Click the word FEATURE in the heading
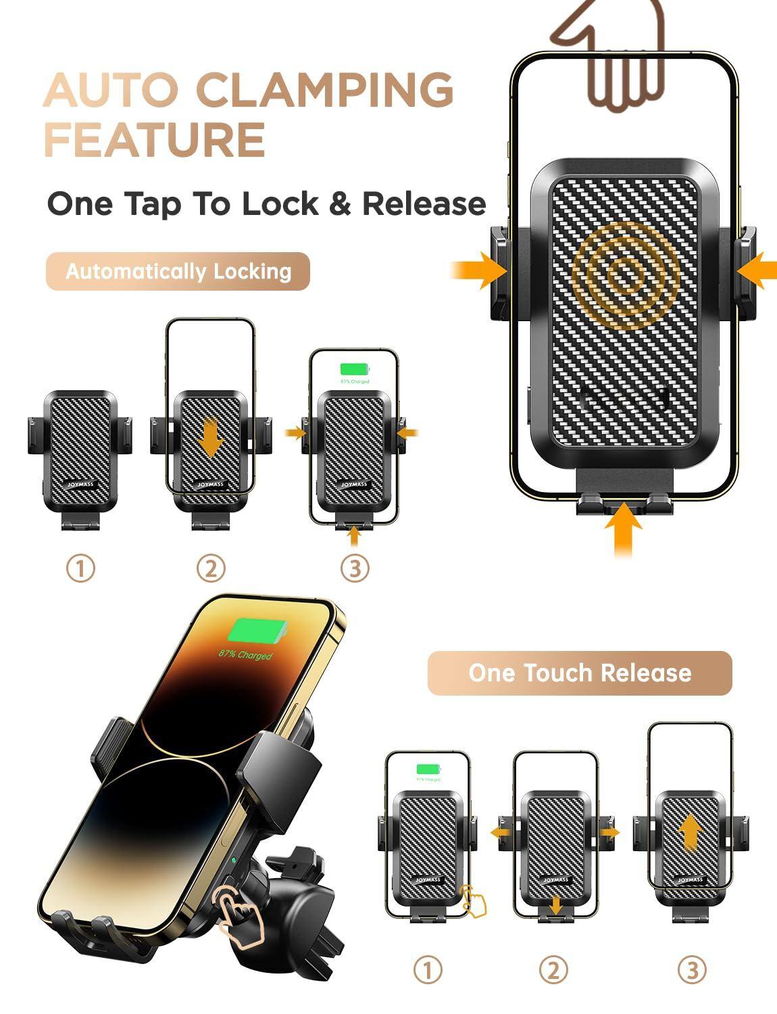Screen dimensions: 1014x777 [x=154, y=140]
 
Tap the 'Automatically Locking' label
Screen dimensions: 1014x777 [x=178, y=272]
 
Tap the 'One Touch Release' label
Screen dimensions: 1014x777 [x=580, y=673]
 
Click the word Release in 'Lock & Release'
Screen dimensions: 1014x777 [x=424, y=203]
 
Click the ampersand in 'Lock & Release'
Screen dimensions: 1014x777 [x=340, y=203]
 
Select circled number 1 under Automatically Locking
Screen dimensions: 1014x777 [x=80, y=569]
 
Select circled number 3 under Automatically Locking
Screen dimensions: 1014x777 [x=355, y=569]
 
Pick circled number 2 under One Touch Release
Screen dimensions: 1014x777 [x=553, y=971]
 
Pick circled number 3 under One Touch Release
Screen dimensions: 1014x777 [x=691, y=971]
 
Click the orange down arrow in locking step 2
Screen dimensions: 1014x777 [x=211, y=438]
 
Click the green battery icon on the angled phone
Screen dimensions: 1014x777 [x=257, y=632]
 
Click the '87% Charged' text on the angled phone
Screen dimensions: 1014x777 [x=245, y=655]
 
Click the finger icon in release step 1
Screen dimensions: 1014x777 [x=474, y=900]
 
